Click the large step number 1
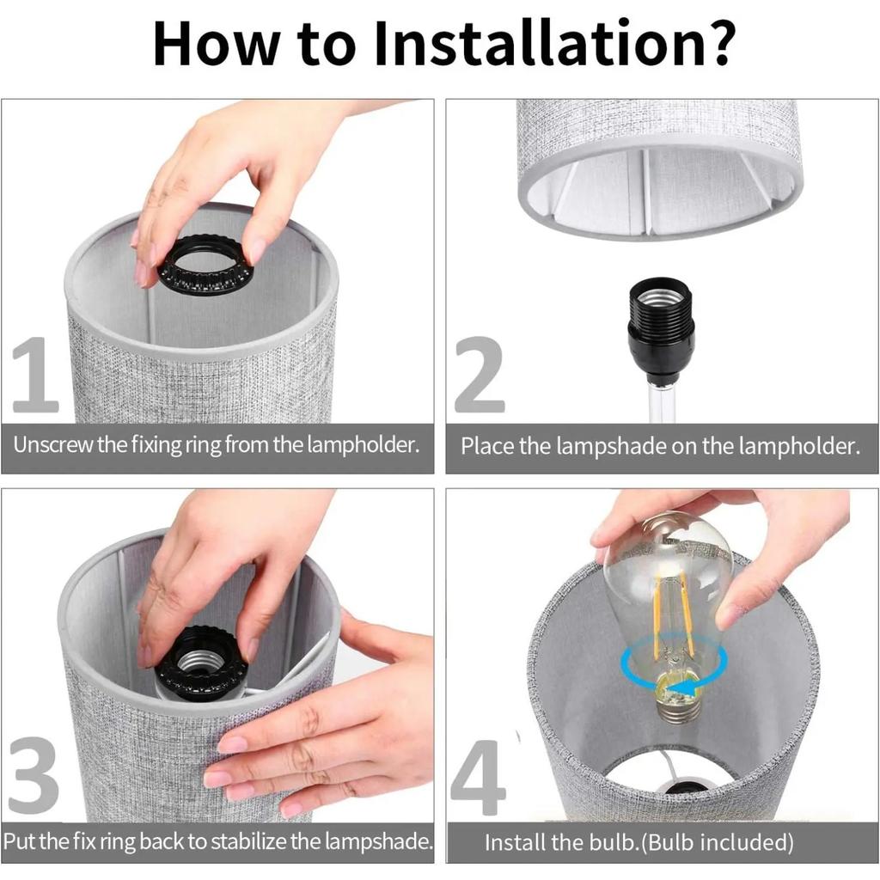[x=34, y=375]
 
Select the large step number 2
[x=479, y=375]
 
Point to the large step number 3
[x=34, y=776]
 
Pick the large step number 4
[x=478, y=777]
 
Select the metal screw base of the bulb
[x=679, y=706]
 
